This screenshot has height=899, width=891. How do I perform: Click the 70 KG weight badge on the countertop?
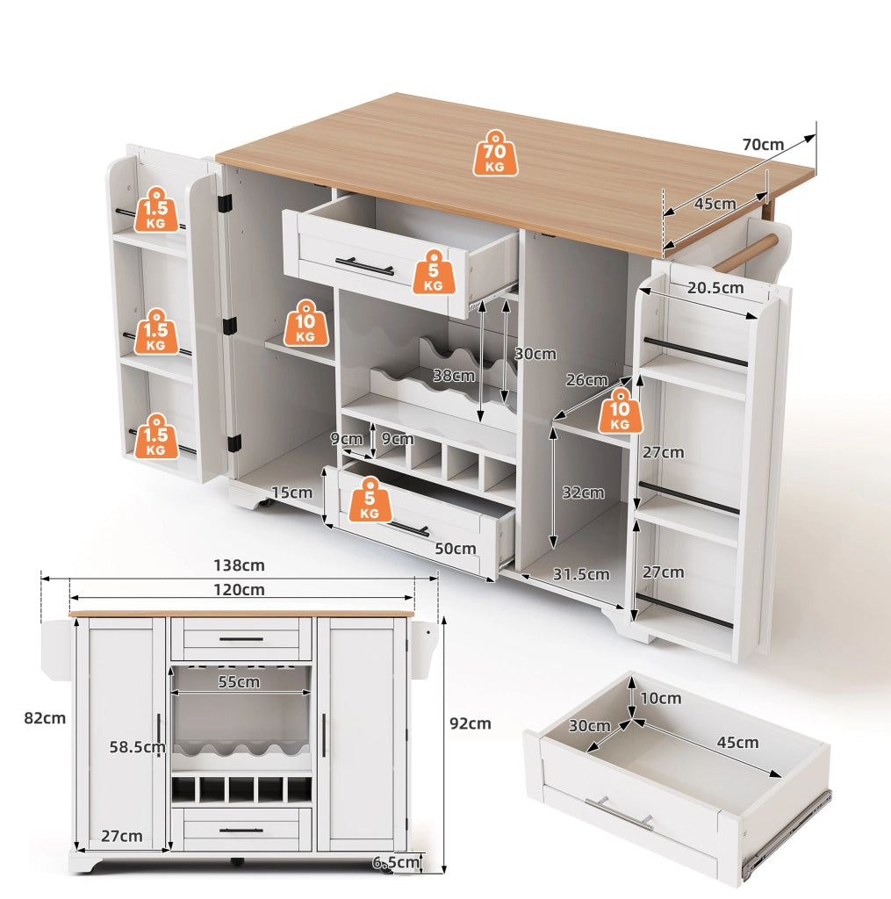[495, 153]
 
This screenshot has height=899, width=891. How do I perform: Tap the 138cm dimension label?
[239, 565]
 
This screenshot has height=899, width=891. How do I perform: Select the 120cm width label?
[239, 590]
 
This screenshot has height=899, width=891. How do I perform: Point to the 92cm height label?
[471, 723]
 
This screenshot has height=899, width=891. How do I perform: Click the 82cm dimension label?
[45, 718]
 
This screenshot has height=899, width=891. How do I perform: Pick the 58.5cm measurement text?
[137, 747]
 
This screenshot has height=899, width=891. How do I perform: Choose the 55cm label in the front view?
[239, 681]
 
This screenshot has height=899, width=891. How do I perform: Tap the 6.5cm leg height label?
[396, 862]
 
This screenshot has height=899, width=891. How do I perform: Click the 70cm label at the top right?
[763, 145]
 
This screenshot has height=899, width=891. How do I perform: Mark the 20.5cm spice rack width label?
[715, 287]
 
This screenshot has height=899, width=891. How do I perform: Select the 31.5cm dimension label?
[581, 574]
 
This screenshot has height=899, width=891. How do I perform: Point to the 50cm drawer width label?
[456, 549]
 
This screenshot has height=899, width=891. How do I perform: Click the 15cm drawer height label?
[291, 493]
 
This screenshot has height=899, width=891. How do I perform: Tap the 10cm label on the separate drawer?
[660, 698]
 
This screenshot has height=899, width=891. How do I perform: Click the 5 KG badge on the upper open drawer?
[434, 272]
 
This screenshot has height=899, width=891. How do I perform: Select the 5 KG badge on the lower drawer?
[370, 499]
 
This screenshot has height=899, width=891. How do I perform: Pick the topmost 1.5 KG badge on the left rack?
[156, 209]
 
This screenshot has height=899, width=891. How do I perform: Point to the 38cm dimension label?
[454, 376]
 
